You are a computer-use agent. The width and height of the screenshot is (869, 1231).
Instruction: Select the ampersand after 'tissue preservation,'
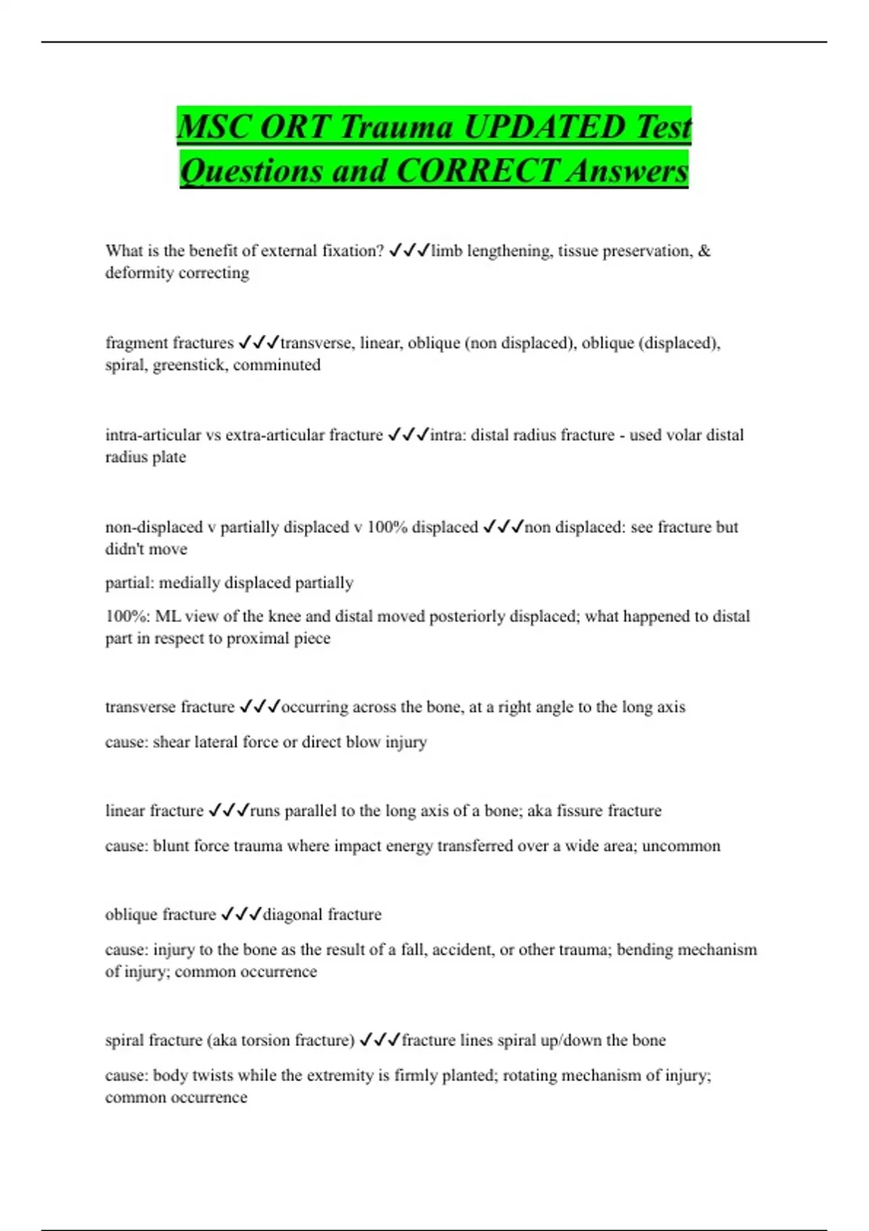[705, 251]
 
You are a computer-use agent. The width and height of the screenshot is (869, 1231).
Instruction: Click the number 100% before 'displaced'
[387, 527]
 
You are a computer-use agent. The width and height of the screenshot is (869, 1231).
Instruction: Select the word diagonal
[293, 915]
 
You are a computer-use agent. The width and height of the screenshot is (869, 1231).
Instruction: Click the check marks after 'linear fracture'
[229, 811]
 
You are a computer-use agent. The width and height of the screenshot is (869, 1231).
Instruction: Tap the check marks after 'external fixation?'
[409, 251]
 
